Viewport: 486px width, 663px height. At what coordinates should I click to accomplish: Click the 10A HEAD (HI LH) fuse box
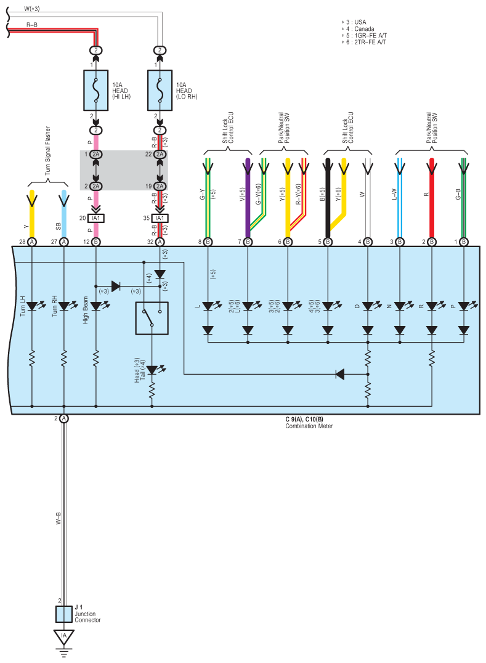point(96,90)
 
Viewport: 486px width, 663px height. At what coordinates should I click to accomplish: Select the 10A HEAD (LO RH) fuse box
point(160,90)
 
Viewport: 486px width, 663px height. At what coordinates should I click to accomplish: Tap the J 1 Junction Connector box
point(64,614)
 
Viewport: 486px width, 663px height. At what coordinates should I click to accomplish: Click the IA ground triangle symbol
point(64,637)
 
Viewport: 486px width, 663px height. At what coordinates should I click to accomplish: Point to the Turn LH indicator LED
point(32,306)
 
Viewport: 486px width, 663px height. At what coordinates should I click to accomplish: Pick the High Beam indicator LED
point(96,306)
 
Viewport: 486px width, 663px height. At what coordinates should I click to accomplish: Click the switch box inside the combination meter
point(152,318)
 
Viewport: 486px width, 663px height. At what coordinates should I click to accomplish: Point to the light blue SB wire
point(64,214)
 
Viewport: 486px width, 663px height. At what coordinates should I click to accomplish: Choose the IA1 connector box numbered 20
point(96,218)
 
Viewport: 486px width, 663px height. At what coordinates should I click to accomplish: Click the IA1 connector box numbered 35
point(160,218)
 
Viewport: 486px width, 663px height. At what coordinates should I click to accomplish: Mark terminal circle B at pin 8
point(208,242)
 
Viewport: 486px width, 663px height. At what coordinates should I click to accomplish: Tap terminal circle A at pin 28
point(32,242)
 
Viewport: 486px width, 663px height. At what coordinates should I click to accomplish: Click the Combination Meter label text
point(309,426)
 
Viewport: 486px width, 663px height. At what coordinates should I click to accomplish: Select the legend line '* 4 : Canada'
point(357,29)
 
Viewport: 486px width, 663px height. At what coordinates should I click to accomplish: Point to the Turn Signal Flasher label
point(47,151)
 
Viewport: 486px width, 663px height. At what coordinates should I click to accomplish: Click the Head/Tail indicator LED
point(152,370)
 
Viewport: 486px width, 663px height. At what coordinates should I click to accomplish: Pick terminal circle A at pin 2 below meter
point(64,418)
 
